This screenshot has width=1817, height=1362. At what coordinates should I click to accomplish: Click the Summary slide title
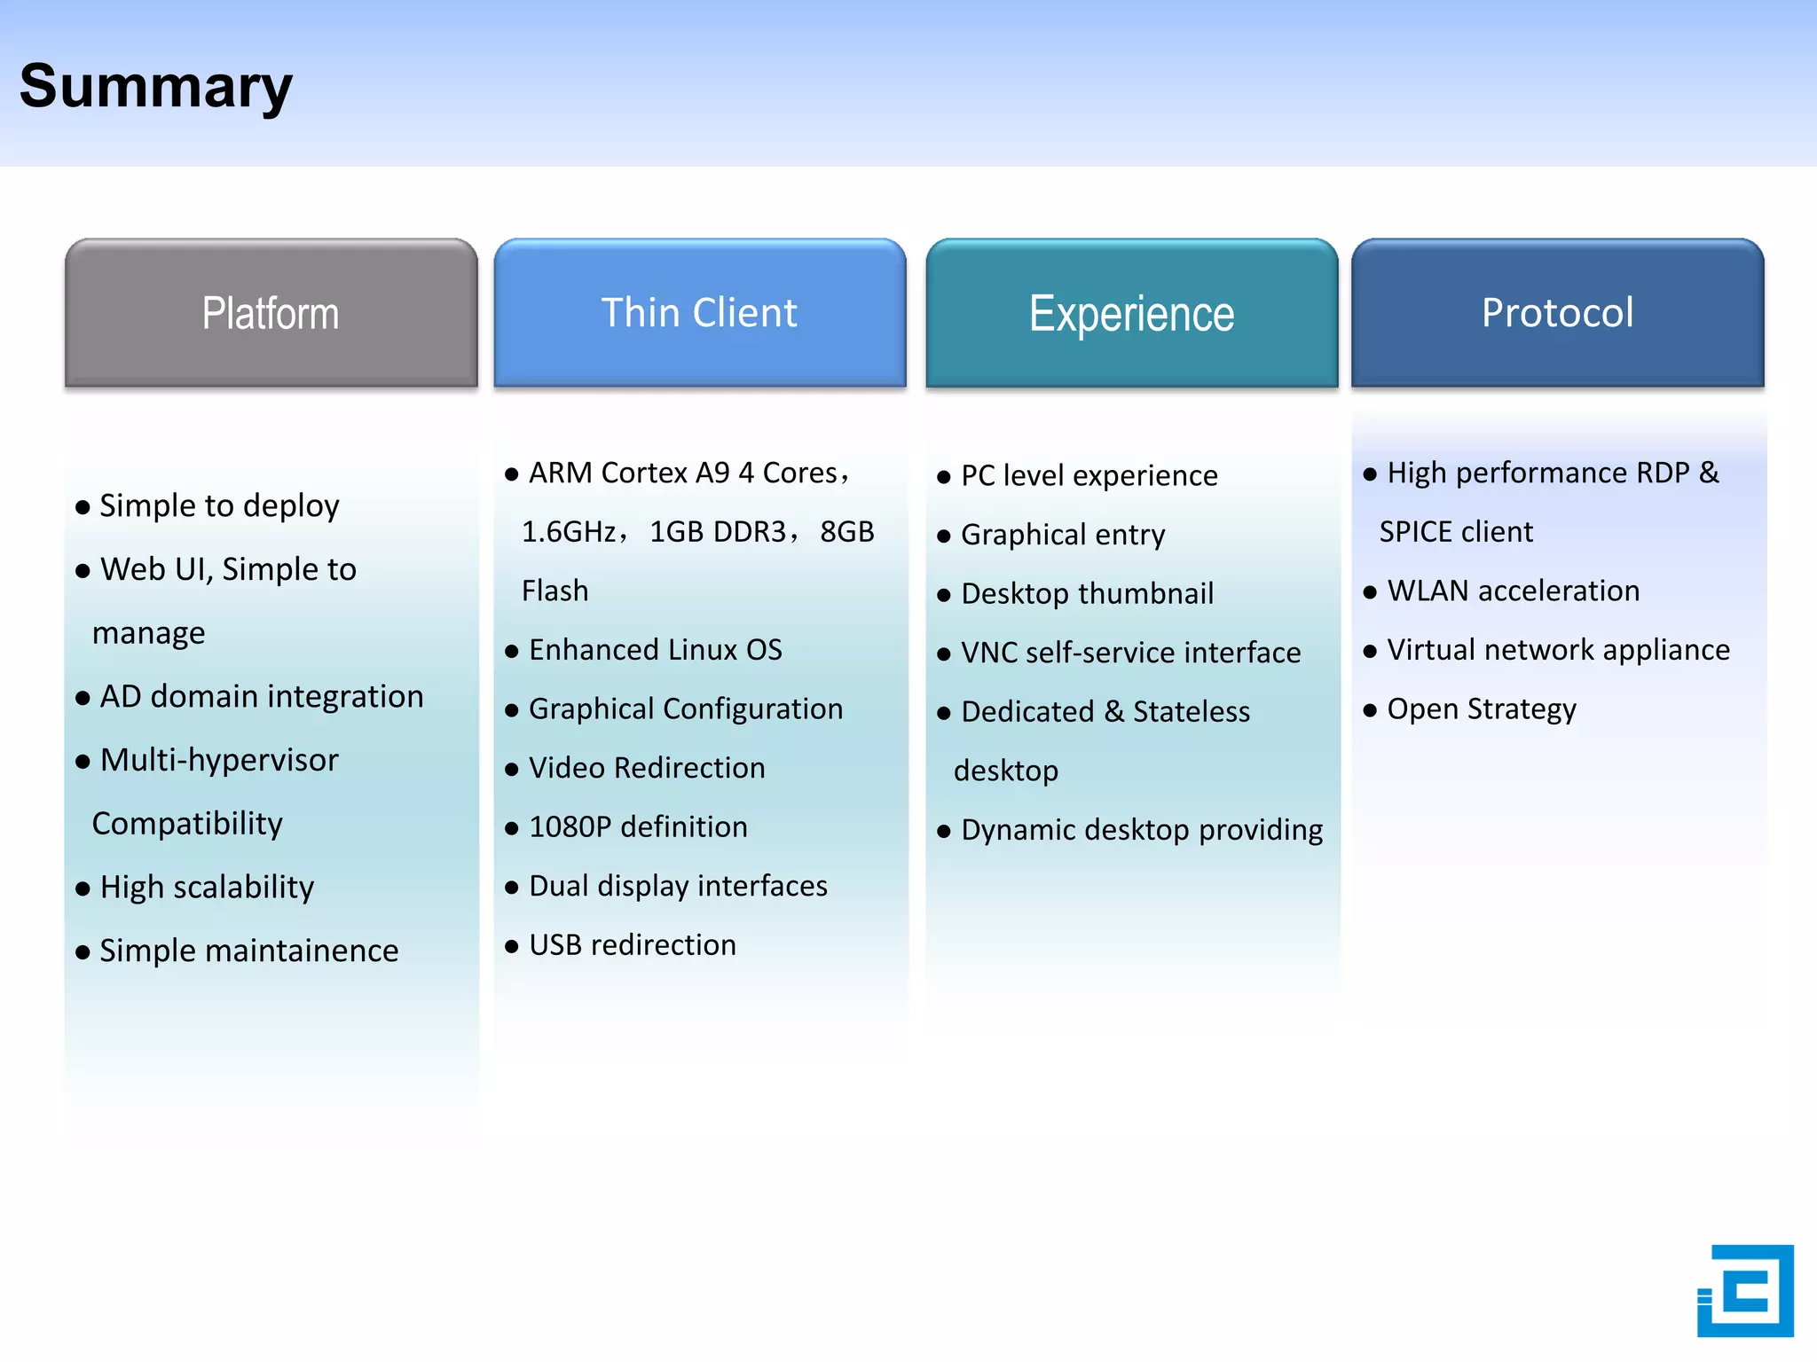156,87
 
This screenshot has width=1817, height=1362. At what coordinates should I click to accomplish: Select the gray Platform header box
271,313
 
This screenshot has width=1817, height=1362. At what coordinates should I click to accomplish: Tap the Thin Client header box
699,313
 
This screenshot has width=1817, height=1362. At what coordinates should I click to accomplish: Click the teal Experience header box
1131,313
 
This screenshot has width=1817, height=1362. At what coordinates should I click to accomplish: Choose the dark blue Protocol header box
1557,313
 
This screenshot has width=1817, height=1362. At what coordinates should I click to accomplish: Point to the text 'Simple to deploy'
219,505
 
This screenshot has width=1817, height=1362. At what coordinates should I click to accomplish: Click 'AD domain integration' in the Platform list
261,697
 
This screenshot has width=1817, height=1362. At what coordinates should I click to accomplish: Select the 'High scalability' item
207,888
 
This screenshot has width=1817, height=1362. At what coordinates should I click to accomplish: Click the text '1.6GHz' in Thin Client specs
569,532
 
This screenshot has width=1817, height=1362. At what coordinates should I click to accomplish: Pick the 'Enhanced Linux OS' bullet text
655,650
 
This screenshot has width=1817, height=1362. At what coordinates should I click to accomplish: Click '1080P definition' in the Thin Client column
638,827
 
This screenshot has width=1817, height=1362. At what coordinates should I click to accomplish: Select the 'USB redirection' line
632,945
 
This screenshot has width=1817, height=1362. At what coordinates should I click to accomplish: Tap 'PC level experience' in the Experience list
1089,476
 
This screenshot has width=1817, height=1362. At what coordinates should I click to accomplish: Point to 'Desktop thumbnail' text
1087,594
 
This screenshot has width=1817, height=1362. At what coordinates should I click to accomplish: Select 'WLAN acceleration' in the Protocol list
1513,591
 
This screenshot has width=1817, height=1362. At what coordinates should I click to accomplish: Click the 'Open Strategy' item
1481,709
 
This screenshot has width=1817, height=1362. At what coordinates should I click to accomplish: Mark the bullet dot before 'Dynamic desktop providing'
943,832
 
